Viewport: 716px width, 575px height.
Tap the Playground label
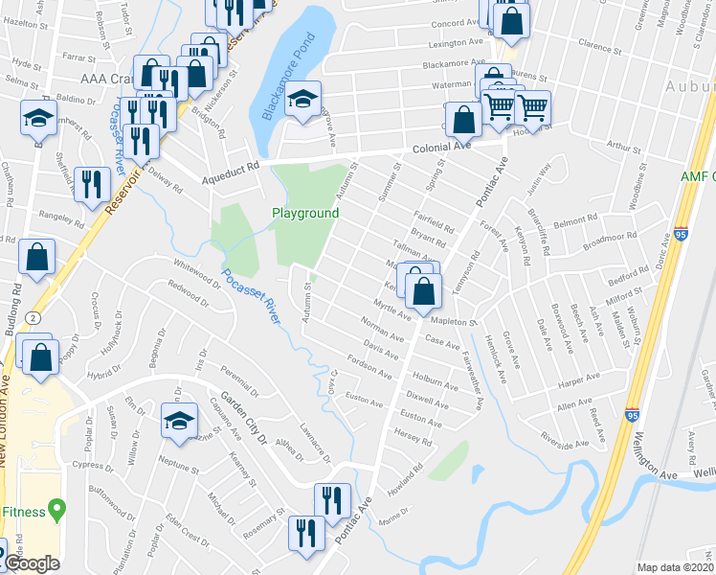tap(305, 213)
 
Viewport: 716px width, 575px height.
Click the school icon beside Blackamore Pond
tap(302, 101)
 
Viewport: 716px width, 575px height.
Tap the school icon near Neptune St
tap(179, 421)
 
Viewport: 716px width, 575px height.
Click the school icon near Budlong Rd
tap(37, 118)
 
